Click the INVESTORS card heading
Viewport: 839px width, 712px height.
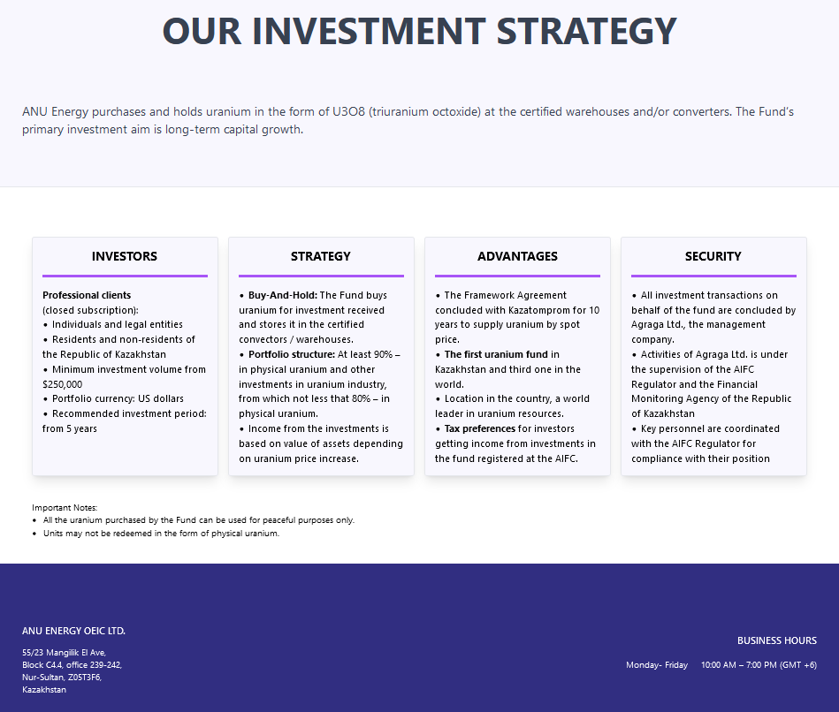coord(125,256)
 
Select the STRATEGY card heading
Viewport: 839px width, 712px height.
coord(321,256)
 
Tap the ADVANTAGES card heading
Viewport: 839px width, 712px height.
coord(517,256)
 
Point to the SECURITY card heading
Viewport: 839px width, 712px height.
coord(713,256)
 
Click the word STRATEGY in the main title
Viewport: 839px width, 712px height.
coord(587,32)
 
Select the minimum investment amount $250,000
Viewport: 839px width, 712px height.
coord(63,384)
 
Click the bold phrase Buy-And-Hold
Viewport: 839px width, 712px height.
coord(283,296)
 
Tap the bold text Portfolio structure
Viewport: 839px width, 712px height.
coord(292,354)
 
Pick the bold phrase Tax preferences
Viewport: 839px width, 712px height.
coord(480,428)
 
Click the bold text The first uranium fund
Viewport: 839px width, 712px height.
coord(496,354)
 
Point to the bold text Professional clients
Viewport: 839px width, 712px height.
coord(87,296)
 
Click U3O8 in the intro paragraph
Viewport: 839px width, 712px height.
coord(349,111)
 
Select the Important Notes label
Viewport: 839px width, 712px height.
coord(65,508)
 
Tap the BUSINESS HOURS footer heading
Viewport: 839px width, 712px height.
coord(777,641)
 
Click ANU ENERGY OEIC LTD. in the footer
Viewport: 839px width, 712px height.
coord(74,632)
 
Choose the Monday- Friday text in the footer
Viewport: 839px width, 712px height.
coord(657,665)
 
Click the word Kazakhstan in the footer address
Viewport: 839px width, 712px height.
coord(44,690)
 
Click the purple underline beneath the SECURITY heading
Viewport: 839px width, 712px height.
coord(713,276)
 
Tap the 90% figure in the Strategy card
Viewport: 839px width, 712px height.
coord(383,354)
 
